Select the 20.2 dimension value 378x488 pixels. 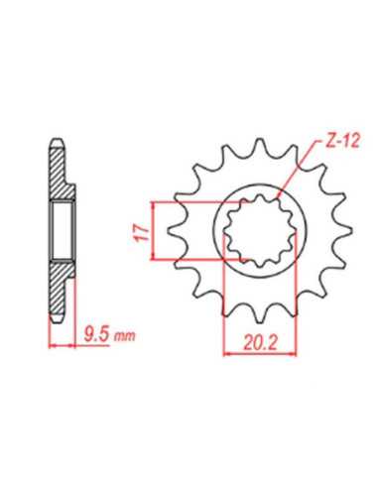260,343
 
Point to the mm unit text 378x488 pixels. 124,336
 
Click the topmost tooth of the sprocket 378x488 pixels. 261,146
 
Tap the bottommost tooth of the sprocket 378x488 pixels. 261,315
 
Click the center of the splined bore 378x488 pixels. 261,231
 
